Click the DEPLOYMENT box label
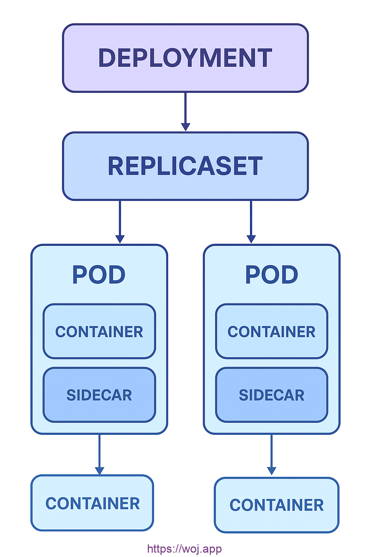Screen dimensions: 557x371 (x=185, y=58)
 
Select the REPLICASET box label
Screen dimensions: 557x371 (x=185, y=166)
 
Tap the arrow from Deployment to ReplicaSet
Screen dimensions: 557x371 (x=185, y=109)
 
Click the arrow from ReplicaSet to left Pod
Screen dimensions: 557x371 (x=120, y=219)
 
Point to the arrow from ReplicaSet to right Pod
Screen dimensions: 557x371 (x=251, y=219)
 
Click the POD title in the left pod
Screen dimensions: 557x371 (x=99, y=275)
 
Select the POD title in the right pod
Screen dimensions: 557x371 (x=272, y=275)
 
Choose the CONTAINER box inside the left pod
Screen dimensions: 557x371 (x=99, y=331)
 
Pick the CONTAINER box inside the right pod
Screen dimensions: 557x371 (x=272, y=331)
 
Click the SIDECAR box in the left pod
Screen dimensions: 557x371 (x=99, y=395)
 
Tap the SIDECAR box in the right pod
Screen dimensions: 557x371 (x=272, y=395)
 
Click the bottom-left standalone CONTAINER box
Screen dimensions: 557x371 (x=92, y=503)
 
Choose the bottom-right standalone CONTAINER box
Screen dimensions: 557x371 (x=276, y=505)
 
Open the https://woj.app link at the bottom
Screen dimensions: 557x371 (x=184, y=549)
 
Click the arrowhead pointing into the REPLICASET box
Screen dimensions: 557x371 (x=185, y=127)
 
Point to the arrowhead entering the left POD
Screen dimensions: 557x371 (x=120, y=239)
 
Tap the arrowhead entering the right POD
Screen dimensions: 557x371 (x=251, y=239)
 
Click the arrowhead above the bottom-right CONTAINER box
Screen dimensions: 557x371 (x=272, y=471)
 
